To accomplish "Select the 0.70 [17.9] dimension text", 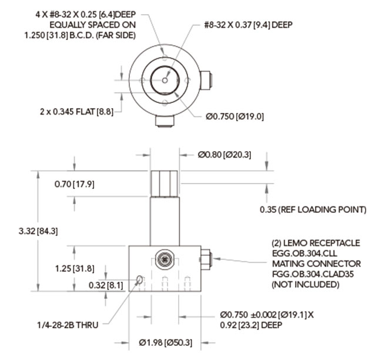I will (x=74, y=184).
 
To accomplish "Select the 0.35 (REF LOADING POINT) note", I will (x=313, y=209).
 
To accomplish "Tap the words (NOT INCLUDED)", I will (x=305, y=285).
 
